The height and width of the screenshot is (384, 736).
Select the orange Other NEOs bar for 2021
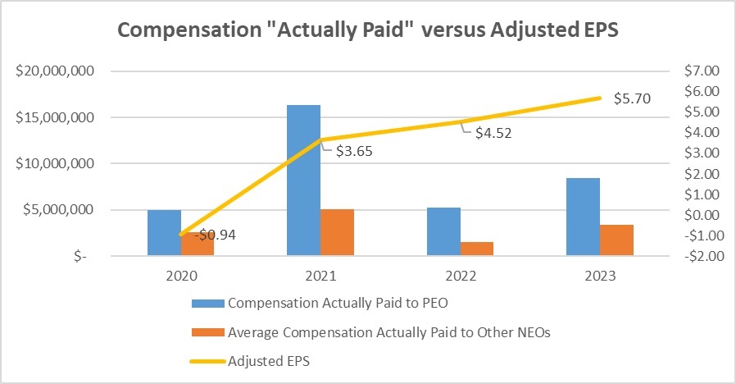337,232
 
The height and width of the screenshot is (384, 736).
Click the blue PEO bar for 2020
164,233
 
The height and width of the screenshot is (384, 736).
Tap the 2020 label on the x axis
180,277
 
